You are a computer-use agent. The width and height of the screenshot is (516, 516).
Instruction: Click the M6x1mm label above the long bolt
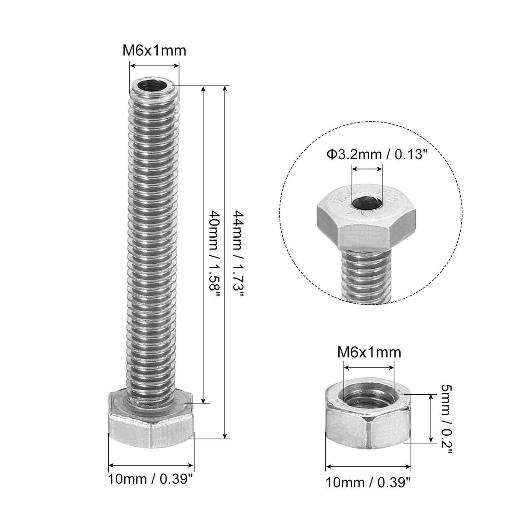pos(154,50)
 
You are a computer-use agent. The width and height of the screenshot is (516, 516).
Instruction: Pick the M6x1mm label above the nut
pos(369,353)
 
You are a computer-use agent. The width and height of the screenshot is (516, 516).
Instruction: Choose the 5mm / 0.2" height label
pos(446,418)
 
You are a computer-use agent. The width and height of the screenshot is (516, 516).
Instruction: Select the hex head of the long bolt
pos(151,420)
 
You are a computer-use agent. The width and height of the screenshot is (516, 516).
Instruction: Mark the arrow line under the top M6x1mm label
pos(154,66)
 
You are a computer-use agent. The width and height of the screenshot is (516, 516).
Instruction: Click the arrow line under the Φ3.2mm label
pos(367,169)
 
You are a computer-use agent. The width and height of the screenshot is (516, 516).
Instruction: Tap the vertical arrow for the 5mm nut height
pos(430,418)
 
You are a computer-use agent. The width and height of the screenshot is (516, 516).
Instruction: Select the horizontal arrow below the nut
pos(368,467)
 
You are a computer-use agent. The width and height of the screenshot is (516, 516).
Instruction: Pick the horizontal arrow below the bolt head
pos(150,465)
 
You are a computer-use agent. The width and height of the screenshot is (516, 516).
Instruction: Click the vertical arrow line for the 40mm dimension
pos(204,245)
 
